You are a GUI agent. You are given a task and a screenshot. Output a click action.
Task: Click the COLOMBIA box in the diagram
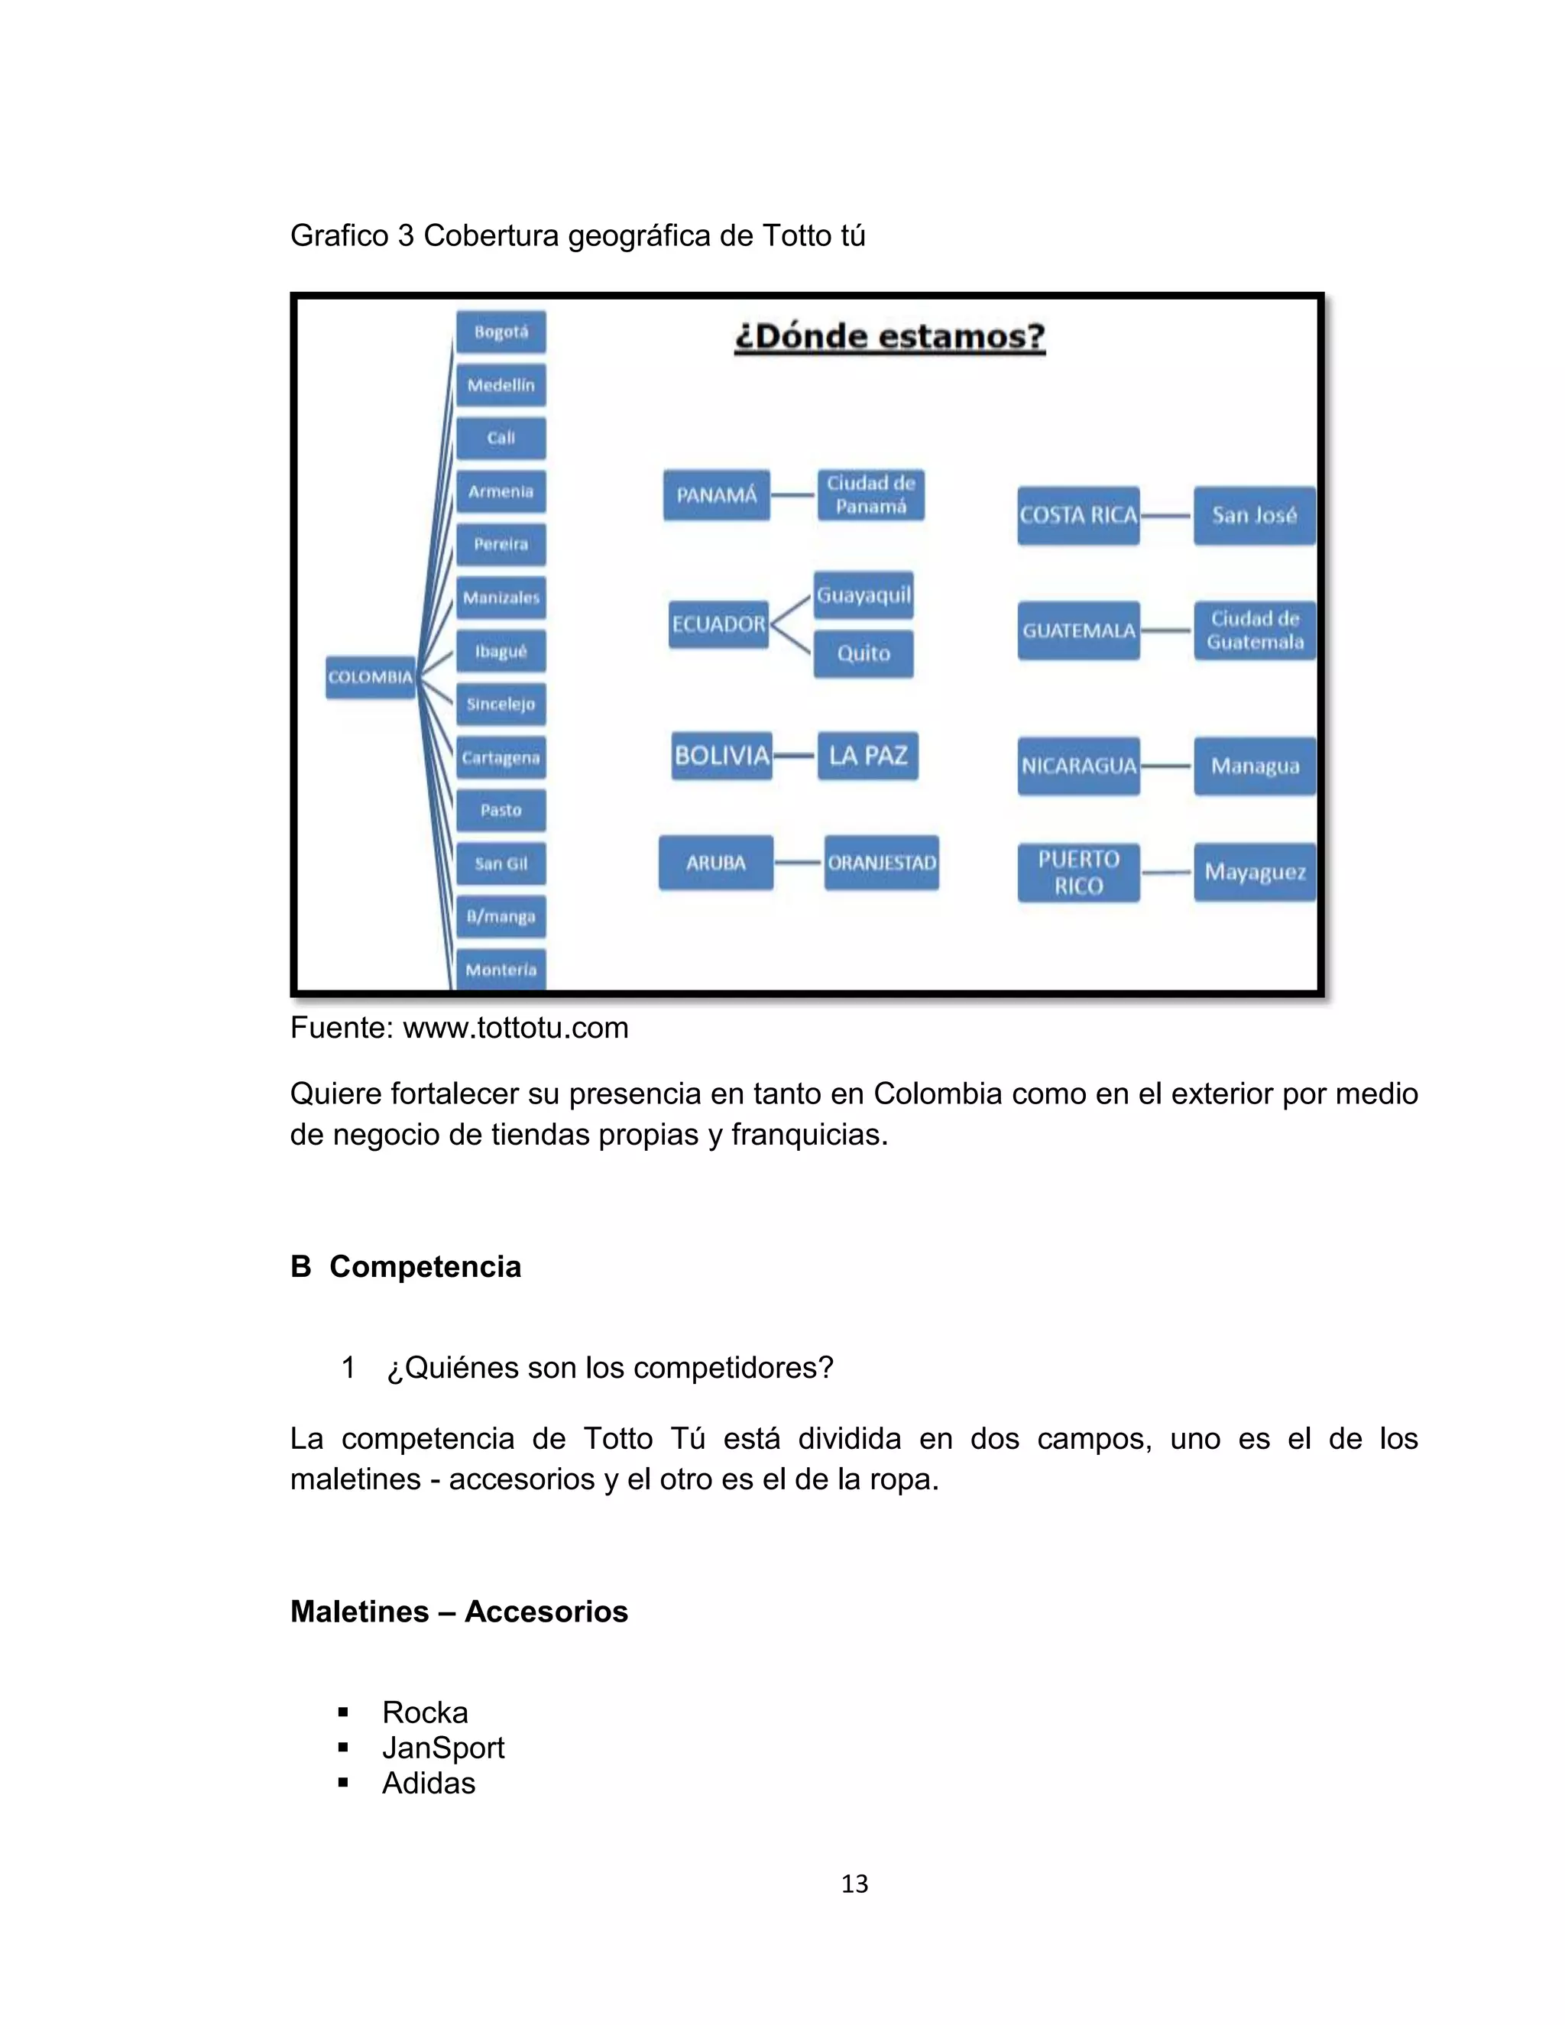(370, 677)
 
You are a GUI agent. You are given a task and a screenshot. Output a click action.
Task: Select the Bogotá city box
(501, 332)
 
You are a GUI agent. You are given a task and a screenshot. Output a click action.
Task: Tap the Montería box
(501, 969)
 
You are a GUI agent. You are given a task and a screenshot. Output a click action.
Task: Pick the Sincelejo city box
(501, 704)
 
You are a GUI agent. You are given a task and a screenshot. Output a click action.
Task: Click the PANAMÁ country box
(716, 495)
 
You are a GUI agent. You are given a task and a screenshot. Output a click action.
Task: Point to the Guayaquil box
(864, 595)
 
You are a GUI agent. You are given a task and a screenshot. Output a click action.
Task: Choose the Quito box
(864, 653)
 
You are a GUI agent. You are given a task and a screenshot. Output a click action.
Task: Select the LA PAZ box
(868, 756)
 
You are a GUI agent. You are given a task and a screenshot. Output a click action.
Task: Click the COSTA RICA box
(1078, 516)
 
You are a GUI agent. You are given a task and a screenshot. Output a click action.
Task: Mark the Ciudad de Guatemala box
(1255, 630)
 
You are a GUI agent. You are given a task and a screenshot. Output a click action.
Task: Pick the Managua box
(1255, 766)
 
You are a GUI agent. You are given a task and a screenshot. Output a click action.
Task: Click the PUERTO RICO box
(1078, 873)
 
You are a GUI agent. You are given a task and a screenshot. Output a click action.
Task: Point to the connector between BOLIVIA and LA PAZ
(795, 756)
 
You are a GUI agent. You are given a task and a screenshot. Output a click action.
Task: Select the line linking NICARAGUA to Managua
(1166, 766)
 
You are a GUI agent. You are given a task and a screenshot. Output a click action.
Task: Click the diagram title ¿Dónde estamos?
(889, 336)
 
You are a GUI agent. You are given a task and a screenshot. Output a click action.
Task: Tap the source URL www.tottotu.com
(516, 1027)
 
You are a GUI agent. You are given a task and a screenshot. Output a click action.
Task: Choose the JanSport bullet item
(443, 1748)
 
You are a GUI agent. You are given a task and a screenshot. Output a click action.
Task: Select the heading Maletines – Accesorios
(459, 1612)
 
